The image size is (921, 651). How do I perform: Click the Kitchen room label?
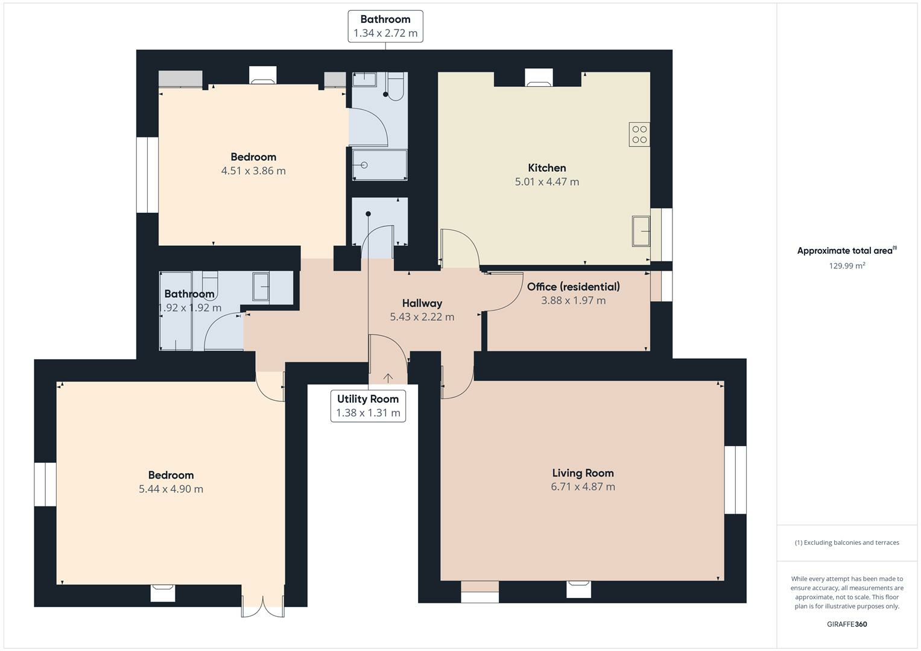[x=547, y=168]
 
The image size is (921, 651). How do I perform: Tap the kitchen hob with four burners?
[x=639, y=134]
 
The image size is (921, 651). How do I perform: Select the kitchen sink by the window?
[x=641, y=231]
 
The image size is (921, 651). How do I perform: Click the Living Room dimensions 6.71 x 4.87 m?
[x=583, y=486]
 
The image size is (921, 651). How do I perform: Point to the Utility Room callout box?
[x=368, y=406]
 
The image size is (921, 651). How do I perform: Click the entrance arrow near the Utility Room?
[x=388, y=378]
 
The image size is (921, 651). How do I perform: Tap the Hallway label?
[x=422, y=303]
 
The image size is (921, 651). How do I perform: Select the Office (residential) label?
[x=574, y=287]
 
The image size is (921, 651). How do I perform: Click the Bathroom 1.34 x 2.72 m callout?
[x=385, y=27]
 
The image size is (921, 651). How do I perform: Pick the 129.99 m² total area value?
[x=847, y=265]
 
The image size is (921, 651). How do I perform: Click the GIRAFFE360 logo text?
[x=847, y=624]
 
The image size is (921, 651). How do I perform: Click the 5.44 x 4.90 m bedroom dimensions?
[x=171, y=489]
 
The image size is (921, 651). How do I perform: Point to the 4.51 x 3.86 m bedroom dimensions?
[x=253, y=171]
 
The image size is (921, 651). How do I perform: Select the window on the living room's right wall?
[x=735, y=480]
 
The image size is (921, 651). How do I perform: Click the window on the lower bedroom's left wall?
[x=45, y=485]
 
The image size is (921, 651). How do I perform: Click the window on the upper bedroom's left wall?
[x=147, y=175]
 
